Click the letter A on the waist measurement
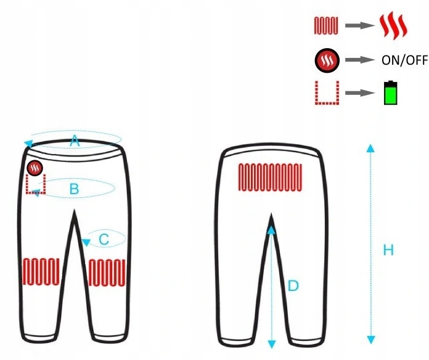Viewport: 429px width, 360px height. click(x=75, y=141)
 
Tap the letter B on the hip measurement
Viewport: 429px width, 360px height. click(x=74, y=189)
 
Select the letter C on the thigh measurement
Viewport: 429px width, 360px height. click(x=104, y=238)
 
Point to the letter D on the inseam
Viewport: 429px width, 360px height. click(x=293, y=286)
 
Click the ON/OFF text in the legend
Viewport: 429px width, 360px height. click(x=403, y=60)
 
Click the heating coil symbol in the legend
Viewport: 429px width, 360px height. click(x=325, y=26)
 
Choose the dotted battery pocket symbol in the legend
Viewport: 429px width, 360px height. click(x=325, y=92)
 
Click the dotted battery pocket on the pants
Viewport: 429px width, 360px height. click(x=35, y=184)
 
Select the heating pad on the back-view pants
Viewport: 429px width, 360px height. click(x=271, y=176)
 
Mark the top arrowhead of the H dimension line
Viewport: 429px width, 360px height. click(x=370, y=147)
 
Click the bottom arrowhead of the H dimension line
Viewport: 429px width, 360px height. click(x=370, y=340)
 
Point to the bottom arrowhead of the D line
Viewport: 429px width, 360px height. click(x=271, y=343)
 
